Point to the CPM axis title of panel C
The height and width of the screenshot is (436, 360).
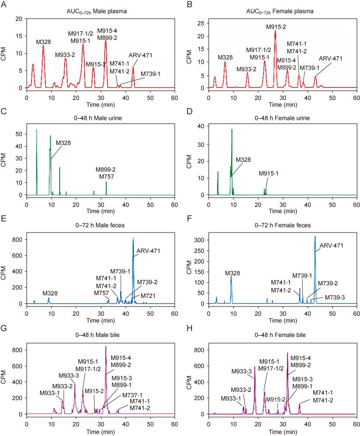[6, 157]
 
